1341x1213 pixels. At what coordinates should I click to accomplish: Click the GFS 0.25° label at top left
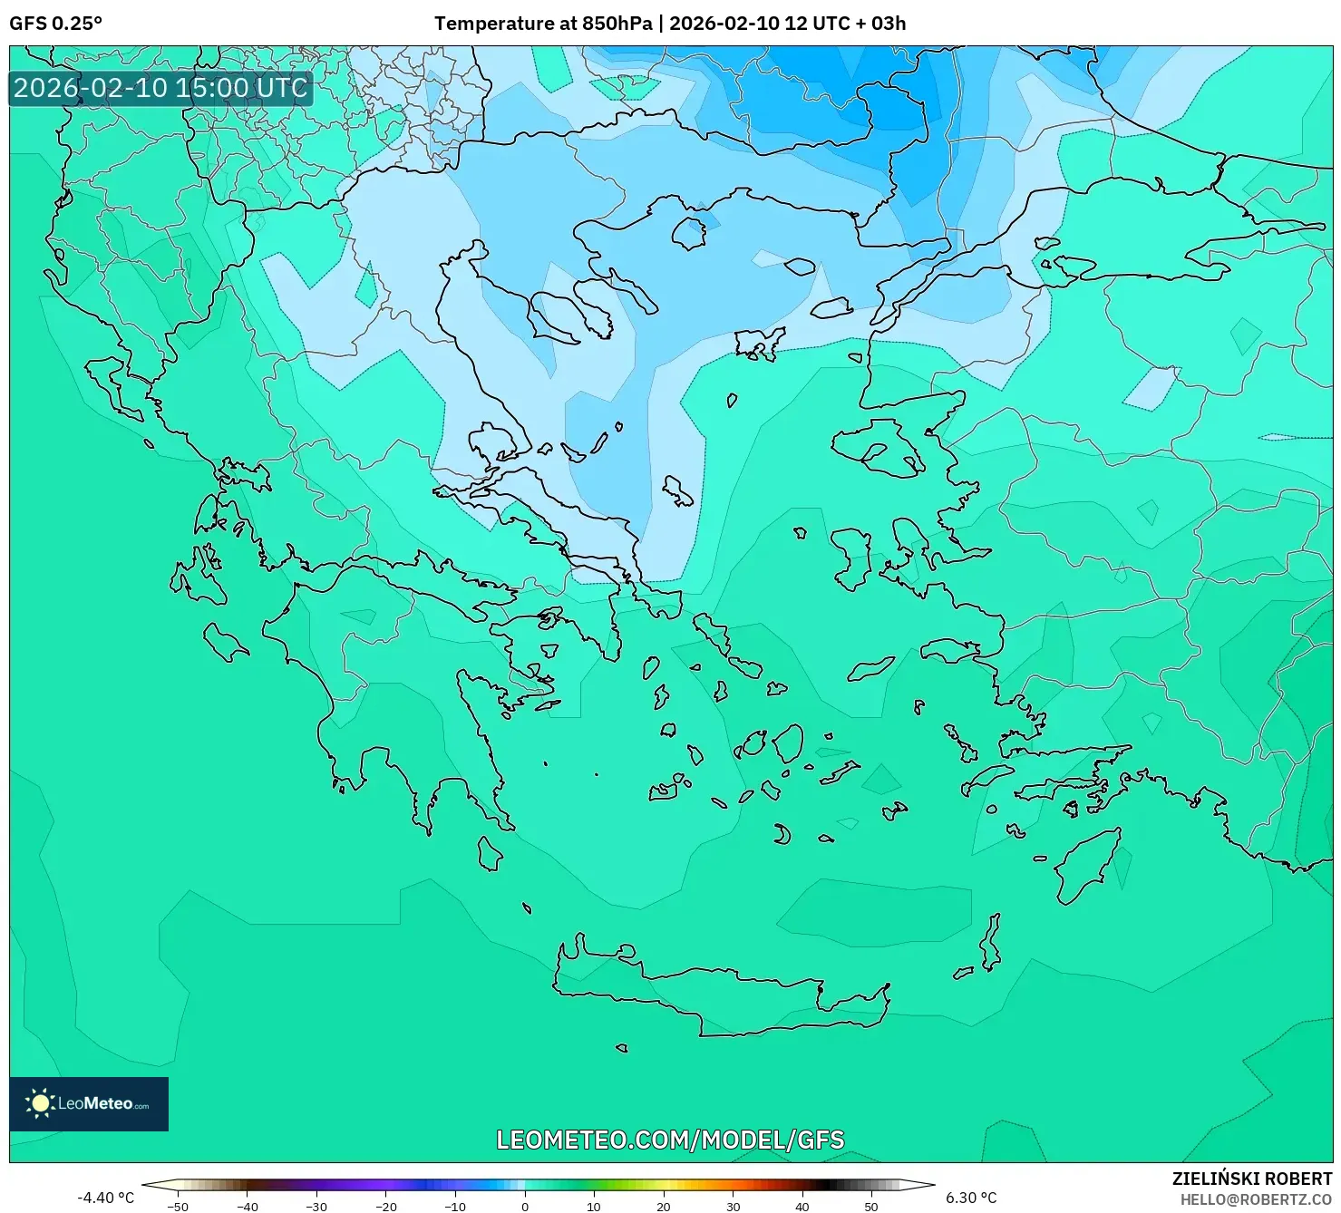click(55, 24)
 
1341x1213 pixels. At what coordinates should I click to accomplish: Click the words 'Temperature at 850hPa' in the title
click(542, 24)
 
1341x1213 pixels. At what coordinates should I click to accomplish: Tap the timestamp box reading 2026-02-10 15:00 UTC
click(160, 88)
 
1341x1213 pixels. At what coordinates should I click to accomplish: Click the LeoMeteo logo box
click(89, 1103)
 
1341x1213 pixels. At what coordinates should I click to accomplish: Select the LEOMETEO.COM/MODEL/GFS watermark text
click(670, 1140)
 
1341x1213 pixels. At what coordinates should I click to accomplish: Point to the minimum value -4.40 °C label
click(105, 1198)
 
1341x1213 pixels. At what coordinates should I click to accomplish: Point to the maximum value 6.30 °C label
click(971, 1198)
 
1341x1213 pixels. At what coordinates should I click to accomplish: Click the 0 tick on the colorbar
click(525, 1207)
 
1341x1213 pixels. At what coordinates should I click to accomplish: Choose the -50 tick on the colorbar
click(178, 1207)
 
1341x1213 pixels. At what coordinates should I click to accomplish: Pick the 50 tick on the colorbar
click(871, 1207)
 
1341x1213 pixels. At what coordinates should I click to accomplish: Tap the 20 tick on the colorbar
click(664, 1207)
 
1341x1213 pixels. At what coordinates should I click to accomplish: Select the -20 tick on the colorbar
click(386, 1207)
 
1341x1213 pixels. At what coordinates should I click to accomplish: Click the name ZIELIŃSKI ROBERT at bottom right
click(1251, 1179)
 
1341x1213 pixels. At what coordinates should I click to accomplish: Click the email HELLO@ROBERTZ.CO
click(1255, 1199)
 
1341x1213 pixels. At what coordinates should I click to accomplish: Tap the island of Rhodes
click(1085, 866)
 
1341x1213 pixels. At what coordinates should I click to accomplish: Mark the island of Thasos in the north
click(689, 233)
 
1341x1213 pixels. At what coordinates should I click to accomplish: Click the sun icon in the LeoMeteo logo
click(40, 1103)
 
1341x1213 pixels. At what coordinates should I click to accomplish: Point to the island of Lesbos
click(878, 449)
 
